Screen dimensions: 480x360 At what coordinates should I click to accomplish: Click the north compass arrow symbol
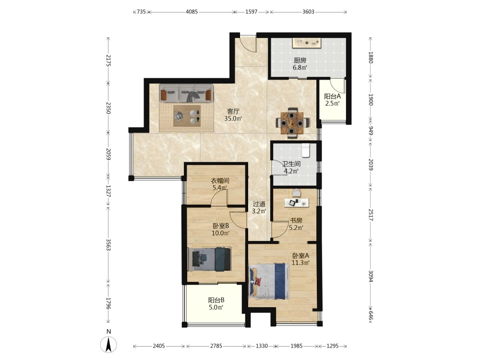[108, 344]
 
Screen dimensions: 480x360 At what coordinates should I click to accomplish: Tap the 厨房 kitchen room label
[300, 60]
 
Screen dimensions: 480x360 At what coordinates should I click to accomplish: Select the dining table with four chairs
[292, 123]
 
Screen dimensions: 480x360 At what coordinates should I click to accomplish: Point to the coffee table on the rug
[187, 116]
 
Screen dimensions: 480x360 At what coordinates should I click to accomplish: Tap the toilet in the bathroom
[306, 150]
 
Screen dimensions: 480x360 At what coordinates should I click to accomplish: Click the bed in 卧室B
[209, 259]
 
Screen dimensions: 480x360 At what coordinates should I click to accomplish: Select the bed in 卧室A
[269, 281]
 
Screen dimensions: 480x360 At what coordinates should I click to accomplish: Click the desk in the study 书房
[297, 203]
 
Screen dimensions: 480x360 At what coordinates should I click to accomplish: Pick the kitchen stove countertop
[307, 43]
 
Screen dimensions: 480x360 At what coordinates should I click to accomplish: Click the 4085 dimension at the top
[192, 12]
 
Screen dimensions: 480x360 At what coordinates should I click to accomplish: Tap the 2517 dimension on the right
[371, 215]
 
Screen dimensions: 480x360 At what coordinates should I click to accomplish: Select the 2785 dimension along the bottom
[216, 346]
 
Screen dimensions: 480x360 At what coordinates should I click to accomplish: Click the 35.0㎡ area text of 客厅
[233, 119]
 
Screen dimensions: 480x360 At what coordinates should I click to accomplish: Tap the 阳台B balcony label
[216, 300]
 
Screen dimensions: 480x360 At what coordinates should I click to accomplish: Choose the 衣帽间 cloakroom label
[220, 180]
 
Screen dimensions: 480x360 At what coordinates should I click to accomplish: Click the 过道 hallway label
[259, 204]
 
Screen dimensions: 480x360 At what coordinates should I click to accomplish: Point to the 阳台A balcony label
[333, 96]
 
